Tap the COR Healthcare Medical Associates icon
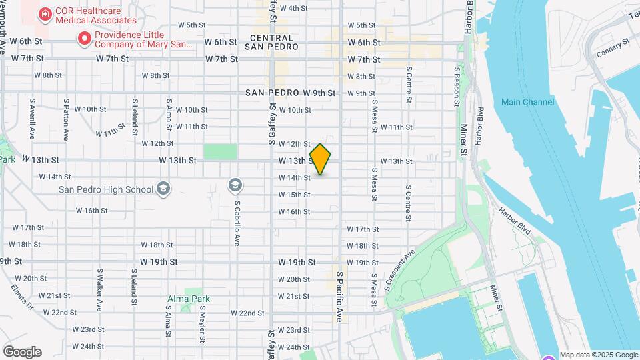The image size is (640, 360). [45, 14]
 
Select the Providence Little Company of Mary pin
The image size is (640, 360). [84, 39]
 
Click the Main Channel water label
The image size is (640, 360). [527, 102]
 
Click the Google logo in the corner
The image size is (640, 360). [22, 352]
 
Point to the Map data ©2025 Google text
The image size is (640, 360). [599, 355]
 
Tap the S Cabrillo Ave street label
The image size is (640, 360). [237, 223]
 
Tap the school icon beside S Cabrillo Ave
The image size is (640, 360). [235, 184]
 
